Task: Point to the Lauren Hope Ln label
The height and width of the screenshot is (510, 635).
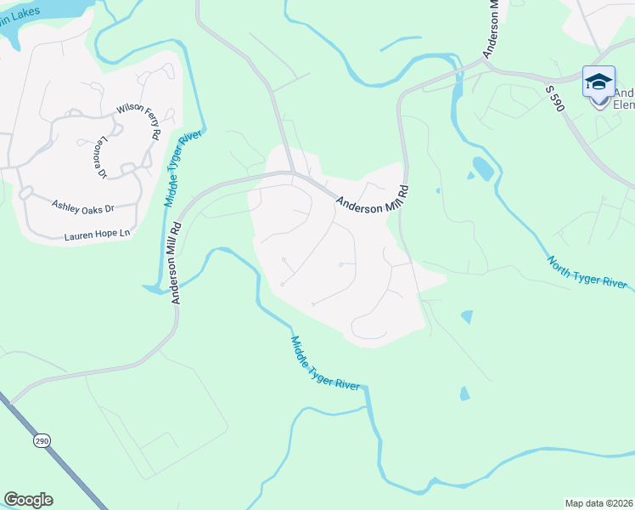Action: click(x=98, y=233)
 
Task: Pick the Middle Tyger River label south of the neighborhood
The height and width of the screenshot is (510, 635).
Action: click(x=326, y=362)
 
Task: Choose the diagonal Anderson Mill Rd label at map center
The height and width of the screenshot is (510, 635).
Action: click(x=372, y=203)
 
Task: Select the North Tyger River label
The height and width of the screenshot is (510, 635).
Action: click(x=587, y=273)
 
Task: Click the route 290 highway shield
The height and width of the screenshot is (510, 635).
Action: click(x=42, y=440)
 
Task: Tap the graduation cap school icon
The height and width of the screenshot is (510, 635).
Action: click(x=598, y=82)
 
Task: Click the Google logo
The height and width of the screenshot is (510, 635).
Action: click(x=28, y=500)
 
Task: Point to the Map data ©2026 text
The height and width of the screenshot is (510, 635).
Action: click(x=598, y=503)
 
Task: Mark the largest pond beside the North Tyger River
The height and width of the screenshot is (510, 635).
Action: click(x=482, y=167)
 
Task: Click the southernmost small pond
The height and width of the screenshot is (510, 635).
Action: click(x=463, y=394)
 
